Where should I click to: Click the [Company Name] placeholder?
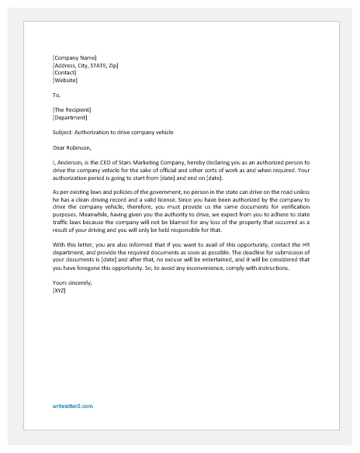[74, 57]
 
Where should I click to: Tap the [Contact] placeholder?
[64, 72]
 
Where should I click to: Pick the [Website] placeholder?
[65, 80]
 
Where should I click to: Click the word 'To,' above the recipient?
[56, 95]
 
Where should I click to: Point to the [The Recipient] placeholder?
[71, 110]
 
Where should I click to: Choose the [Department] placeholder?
[69, 118]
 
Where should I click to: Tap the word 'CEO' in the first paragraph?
[104, 163]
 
